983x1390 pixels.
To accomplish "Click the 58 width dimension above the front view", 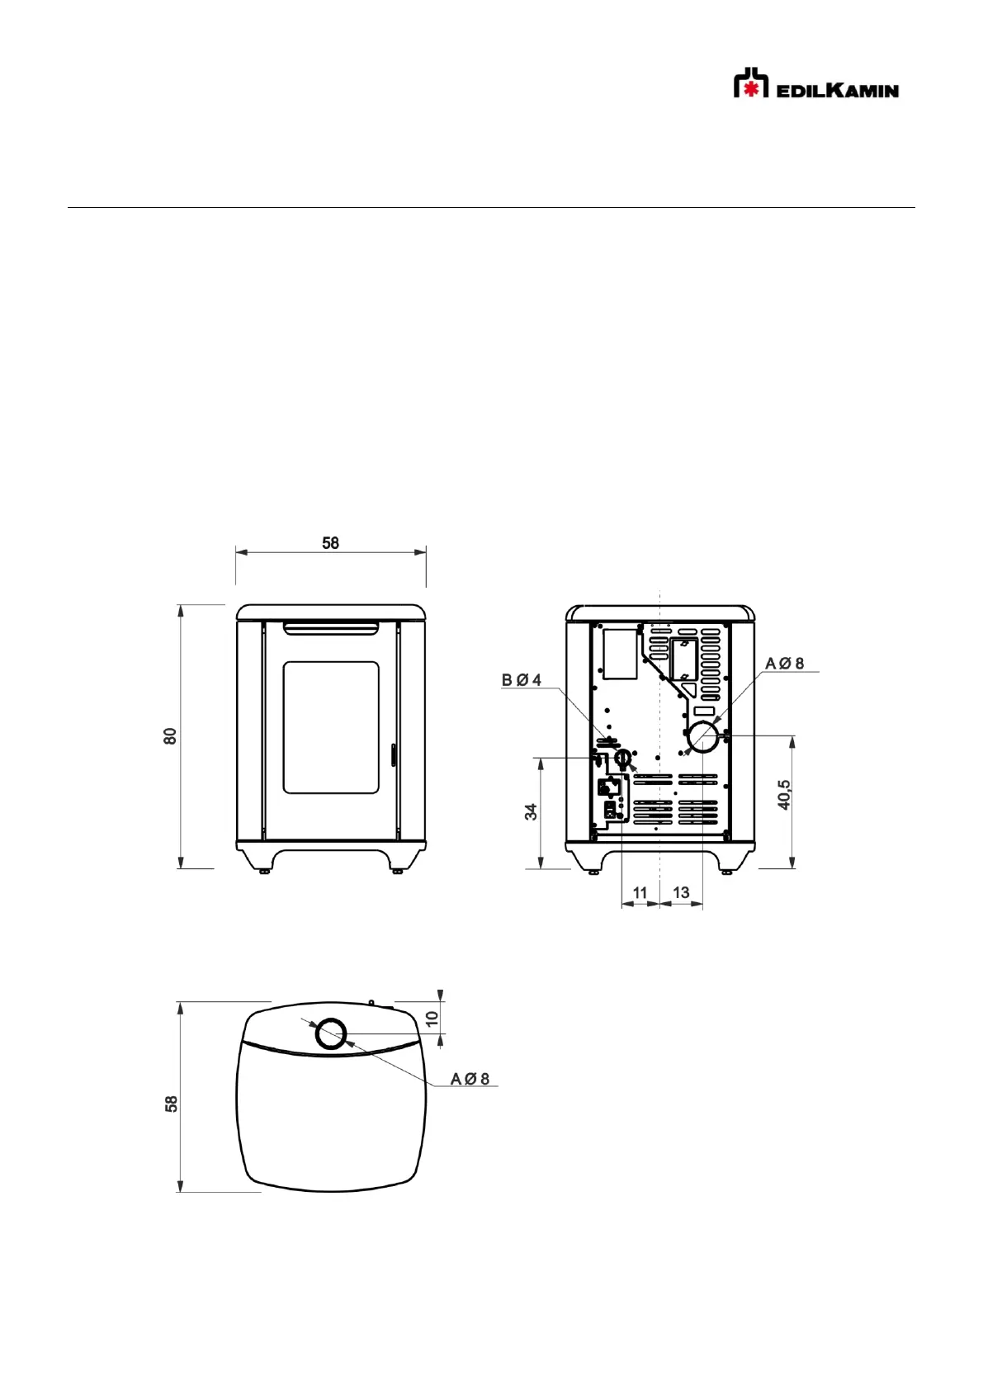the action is point(330,544).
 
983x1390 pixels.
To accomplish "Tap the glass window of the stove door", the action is point(331,727).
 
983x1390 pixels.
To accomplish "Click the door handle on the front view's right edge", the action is point(393,756).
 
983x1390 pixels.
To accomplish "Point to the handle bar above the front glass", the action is point(331,629).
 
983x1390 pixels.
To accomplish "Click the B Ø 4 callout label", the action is point(522,680).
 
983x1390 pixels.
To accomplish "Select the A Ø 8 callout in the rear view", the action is point(784,664).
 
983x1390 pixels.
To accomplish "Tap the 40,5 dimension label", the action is point(784,795).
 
